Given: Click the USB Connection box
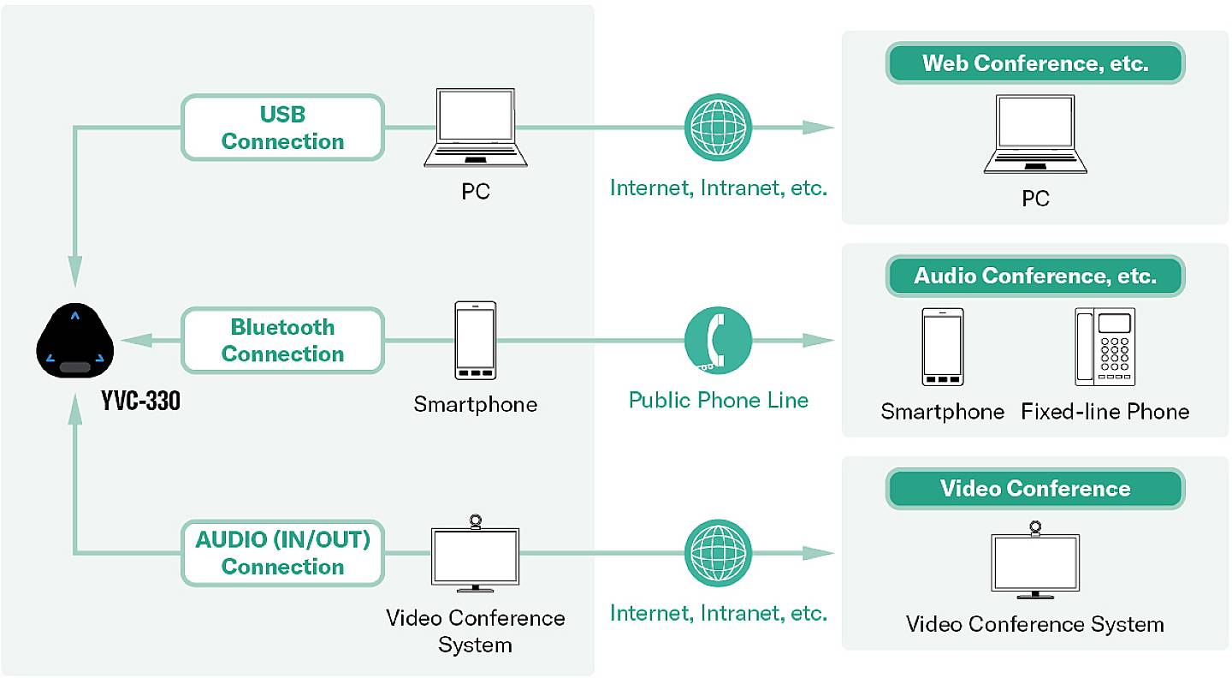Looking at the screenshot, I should [x=282, y=128].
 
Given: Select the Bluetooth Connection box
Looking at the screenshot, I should [x=282, y=341].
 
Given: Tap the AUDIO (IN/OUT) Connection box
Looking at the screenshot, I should [x=282, y=553].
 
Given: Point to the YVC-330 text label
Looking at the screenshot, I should [x=141, y=401].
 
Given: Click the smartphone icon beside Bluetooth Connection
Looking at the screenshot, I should [x=476, y=340].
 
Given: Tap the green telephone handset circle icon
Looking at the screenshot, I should [x=718, y=341].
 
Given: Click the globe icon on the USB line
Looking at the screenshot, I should [x=718, y=128].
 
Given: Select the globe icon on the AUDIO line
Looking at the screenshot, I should [x=718, y=553].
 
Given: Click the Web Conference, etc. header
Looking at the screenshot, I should [x=1035, y=63].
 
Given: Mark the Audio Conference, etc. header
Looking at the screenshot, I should [x=1035, y=276].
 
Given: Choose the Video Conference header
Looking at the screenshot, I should [x=1035, y=489].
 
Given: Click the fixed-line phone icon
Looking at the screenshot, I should [x=1105, y=347].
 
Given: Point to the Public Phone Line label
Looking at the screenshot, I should [x=718, y=400].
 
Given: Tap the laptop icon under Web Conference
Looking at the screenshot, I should [x=1035, y=134].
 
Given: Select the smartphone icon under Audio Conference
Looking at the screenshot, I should [x=943, y=347].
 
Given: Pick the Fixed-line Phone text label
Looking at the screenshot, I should [x=1105, y=412].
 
